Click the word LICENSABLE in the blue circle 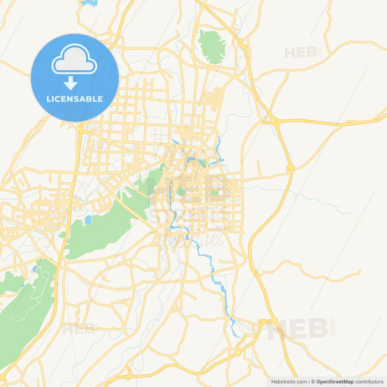(x=75, y=99)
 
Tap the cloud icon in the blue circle (x=74, y=60)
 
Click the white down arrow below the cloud (x=71, y=83)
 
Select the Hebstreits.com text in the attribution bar (x=289, y=382)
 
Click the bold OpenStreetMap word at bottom (x=335, y=382)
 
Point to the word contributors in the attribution (x=369, y=382)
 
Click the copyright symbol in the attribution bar (x=313, y=382)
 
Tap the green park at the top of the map (x=212, y=47)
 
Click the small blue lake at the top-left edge (x=89, y=3)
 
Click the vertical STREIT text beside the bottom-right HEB (x=333, y=327)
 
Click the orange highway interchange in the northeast (x=274, y=121)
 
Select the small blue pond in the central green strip (x=88, y=220)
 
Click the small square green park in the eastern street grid (x=215, y=193)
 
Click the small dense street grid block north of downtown (x=214, y=98)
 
